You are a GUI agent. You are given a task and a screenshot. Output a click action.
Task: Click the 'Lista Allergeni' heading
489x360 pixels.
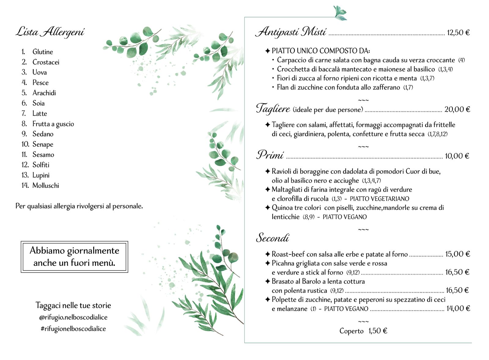pos(50,32)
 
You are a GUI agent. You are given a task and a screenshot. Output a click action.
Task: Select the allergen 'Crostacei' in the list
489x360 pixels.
pos(46,62)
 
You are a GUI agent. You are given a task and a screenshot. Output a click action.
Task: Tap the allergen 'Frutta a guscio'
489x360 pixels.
pos(53,124)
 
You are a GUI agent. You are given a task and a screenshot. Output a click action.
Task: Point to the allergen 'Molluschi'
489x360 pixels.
pos(46,186)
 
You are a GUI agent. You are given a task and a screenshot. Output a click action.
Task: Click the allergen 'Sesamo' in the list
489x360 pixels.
pos(43,155)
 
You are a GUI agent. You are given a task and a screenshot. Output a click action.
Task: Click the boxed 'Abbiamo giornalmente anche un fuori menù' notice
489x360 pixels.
pos(74,257)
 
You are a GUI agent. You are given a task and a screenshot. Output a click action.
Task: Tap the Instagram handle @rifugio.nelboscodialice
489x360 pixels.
pos(73,318)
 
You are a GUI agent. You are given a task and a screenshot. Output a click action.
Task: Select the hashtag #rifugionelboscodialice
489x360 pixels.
pos(73,329)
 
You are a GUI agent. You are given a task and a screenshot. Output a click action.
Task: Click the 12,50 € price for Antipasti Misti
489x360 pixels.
pos(458,33)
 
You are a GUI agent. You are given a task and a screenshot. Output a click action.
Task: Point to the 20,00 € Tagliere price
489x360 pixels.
pos(457,109)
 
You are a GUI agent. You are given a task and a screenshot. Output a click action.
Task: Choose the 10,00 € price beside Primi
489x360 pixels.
pos(457,156)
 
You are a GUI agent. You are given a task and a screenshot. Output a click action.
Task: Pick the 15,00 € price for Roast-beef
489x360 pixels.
pos(458,254)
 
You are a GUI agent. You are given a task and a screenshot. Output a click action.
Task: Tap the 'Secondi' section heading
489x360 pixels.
pos(272,238)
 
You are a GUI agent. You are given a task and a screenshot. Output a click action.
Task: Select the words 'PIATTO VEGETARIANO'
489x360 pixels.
pos(379,199)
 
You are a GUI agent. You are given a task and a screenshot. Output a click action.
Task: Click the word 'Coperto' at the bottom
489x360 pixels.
pos(351,331)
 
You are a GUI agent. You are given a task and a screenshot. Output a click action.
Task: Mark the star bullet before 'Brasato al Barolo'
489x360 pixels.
pos(267,281)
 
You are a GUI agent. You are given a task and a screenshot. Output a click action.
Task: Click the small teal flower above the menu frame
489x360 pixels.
pos(340,13)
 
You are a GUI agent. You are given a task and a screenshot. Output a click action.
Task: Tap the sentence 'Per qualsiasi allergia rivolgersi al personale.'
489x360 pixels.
pos(79,206)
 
